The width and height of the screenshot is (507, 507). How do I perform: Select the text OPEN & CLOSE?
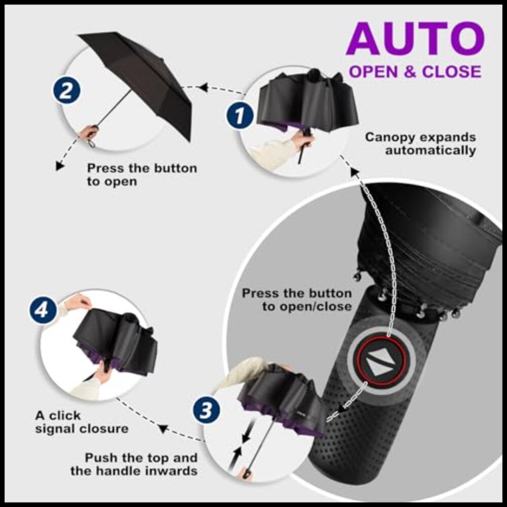(x=415, y=71)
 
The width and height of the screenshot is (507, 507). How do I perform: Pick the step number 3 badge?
(x=205, y=411)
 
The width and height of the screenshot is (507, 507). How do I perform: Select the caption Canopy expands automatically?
(x=421, y=143)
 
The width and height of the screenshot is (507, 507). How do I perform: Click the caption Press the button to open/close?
(x=297, y=300)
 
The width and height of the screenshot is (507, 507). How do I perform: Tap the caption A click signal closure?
(x=81, y=422)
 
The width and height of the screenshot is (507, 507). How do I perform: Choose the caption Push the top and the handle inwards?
(x=141, y=464)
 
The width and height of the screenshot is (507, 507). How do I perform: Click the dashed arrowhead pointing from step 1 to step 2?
(x=203, y=87)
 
